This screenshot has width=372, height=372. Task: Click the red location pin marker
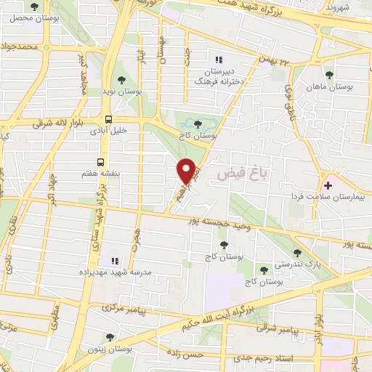tap(187, 170)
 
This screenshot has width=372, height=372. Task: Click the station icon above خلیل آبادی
tap(108, 120)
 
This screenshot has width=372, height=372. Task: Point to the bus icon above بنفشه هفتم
tap(101, 163)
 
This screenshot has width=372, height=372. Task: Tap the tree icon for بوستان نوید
tap(123, 81)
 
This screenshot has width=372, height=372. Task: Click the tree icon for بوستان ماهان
tap(329, 75)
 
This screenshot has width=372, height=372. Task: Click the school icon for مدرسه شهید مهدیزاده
tap(114, 260)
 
